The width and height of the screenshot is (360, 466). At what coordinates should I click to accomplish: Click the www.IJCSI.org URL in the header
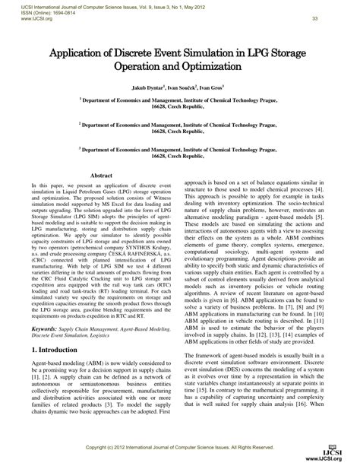coord(25,17)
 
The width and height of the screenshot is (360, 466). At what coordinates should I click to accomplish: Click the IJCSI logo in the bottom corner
coord(339,452)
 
